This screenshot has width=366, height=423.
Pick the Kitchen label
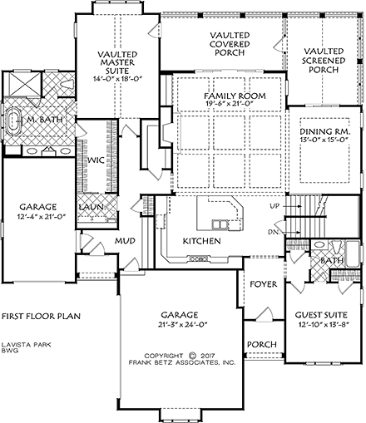click(202, 240)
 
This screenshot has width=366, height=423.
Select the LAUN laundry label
click(91, 206)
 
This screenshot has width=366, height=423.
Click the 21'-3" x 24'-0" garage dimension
click(180, 325)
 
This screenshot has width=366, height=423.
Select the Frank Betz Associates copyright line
click(181, 362)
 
